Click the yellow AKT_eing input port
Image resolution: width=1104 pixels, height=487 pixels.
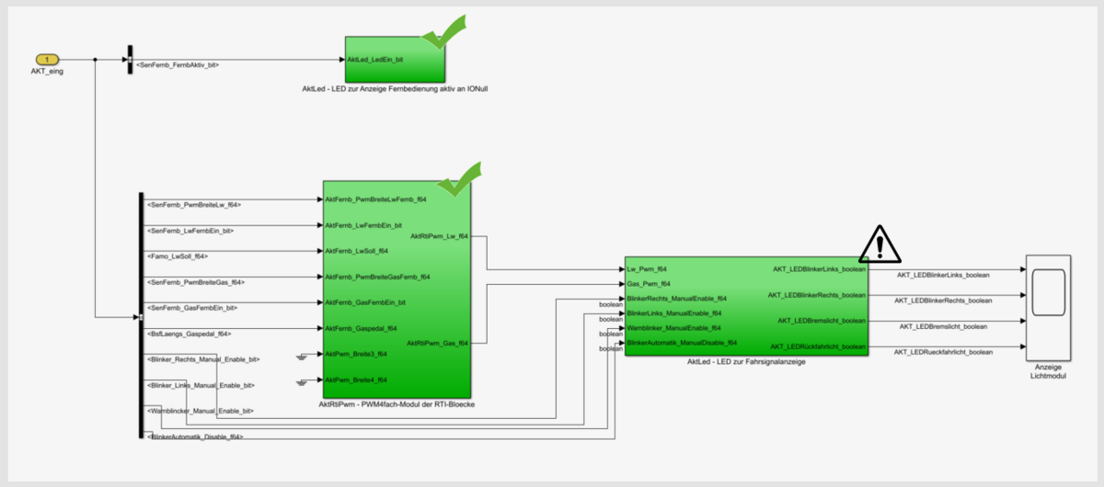[47, 60]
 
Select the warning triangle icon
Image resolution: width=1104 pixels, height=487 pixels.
[880, 243]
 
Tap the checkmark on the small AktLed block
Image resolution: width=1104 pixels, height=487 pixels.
[444, 34]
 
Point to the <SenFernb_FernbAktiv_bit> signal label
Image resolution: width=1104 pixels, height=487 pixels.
[177, 64]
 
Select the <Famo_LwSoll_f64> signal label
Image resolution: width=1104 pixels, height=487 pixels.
[178, 256]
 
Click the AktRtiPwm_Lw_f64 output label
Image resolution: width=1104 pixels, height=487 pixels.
[439, 236]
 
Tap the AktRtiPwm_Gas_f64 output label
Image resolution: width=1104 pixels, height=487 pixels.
[438, 343]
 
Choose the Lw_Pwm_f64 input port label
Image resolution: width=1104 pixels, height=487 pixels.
[647, 269]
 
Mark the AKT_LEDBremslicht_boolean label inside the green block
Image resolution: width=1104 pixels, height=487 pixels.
[821, 321]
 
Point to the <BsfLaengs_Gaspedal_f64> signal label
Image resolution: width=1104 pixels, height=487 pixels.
[189, 334]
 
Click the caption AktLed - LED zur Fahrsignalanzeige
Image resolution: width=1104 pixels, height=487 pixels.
[746, 362]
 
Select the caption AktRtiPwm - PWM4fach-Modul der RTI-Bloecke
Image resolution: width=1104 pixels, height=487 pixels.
[396, 403]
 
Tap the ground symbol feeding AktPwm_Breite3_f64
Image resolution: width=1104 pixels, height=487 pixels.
[305, 355]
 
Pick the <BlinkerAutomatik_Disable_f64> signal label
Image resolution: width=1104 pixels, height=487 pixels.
[195, 436]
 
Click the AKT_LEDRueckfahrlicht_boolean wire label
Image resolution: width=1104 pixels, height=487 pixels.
[945, 352]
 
